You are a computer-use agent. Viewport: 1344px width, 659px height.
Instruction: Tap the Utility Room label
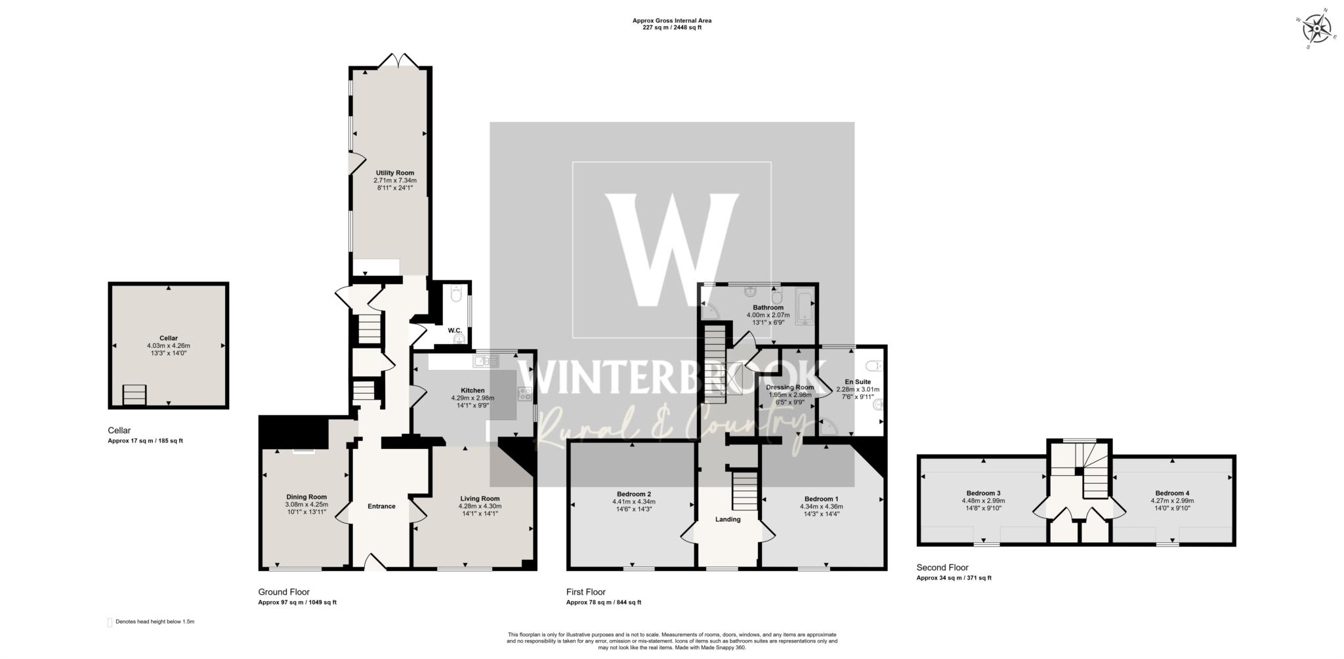click(394, 173)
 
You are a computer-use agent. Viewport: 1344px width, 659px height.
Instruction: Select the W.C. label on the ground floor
click(455, 330)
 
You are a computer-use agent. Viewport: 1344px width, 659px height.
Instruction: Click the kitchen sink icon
click(486, 360)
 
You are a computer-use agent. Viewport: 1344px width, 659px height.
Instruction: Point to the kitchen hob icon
click(525, 394)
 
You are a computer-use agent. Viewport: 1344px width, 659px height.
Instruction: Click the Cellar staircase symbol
click(135, 396)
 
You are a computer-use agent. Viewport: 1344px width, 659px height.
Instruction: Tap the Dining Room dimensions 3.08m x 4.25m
click(306, 504)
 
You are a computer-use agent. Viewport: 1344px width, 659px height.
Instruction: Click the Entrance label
click(381, 506)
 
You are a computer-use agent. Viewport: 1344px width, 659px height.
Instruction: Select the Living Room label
click(480, 498)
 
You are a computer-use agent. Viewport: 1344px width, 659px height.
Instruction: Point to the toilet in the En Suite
click(873, 366)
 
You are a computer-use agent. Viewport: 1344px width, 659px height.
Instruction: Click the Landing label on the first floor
click(728, 519)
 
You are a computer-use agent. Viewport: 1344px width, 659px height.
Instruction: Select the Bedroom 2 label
click(633, 494)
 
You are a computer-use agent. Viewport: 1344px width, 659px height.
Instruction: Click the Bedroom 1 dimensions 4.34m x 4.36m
click(821, 506)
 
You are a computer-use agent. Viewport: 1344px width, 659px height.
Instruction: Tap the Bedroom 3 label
click(983, 493)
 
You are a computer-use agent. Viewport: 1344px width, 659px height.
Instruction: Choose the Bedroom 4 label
click(1172, 493)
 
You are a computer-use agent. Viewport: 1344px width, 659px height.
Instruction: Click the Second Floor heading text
click(942, 568)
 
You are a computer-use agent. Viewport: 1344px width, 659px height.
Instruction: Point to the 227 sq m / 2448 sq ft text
click(671, 28)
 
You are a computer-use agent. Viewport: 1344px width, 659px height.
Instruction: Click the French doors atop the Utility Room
click(398, 60)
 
